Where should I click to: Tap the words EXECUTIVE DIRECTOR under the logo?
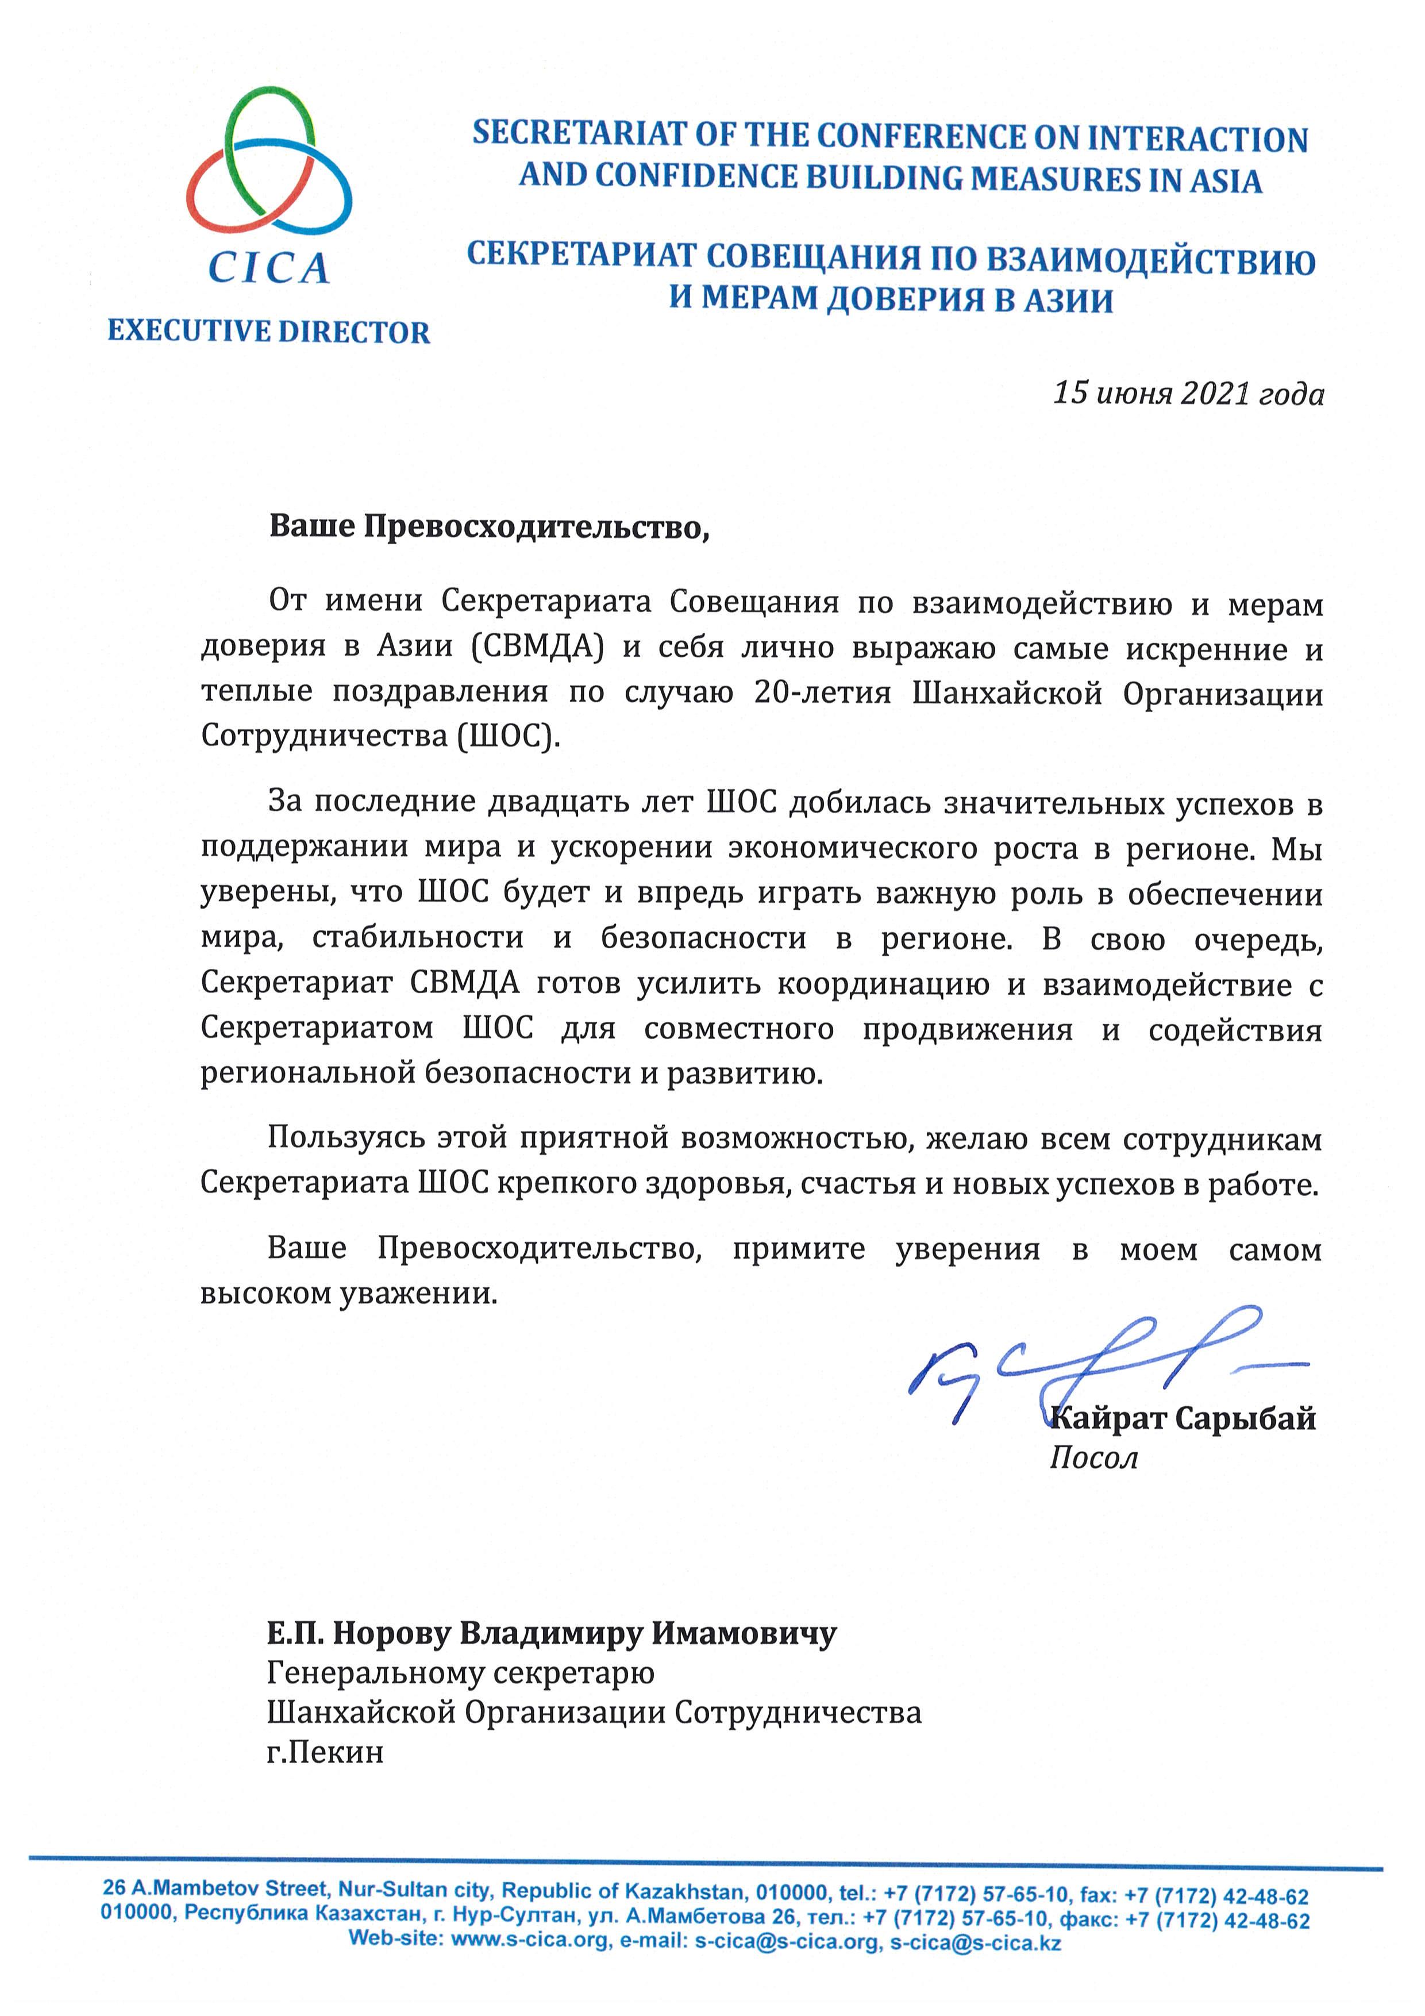[269, 332]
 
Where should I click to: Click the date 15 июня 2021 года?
[1188, 393]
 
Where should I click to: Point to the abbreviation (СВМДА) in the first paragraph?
[537, 647]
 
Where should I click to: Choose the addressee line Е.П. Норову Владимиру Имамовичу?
[552, 1633]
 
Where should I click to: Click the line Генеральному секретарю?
[460, 1673]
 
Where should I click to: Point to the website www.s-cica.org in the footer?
[530, 1941]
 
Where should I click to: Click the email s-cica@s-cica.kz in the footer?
[976, 1942]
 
